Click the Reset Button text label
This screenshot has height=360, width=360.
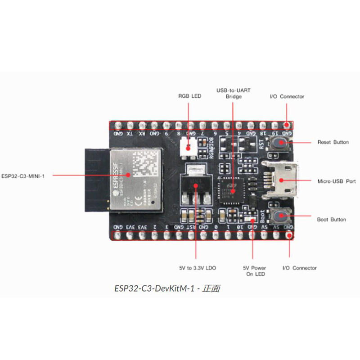tap(333, 142)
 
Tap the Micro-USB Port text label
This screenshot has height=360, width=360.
tap(337, 181)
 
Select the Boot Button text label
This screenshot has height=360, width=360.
tap(332, 220)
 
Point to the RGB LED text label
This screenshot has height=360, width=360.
tap(189, 96)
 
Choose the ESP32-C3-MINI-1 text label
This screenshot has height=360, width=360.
tap(25, 175)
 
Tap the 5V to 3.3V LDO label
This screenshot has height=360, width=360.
tap(197, 268)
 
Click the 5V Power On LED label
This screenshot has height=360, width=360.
tap(255, 271)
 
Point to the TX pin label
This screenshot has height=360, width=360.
tap(130, 134)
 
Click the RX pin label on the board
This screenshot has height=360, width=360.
tap(142, 134)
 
